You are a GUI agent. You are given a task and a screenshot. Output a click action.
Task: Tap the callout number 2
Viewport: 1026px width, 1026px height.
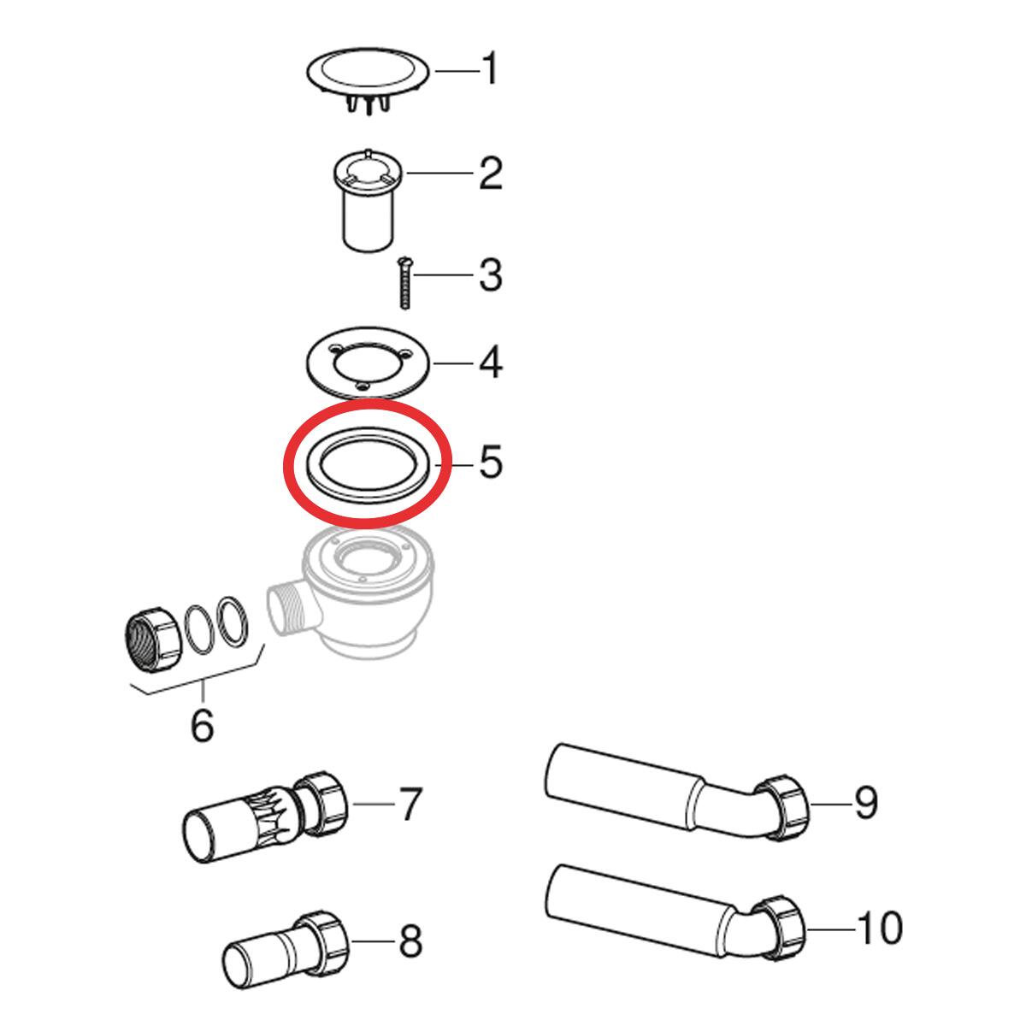[491, 173]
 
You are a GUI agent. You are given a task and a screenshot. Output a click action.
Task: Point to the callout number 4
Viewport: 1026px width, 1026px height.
[491, 362]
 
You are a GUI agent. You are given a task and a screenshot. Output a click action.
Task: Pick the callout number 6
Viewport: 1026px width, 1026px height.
[203, 723]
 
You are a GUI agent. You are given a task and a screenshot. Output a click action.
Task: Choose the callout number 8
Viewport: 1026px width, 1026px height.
[410, 941]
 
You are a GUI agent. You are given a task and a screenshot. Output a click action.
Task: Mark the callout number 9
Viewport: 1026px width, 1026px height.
[866, 804]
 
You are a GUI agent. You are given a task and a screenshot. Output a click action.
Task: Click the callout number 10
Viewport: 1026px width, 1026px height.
[879, 928]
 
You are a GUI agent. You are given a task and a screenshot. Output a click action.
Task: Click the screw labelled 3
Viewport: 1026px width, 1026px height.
[404, 283]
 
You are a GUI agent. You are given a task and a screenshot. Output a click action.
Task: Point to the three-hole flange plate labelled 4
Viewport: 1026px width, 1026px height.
[368, 362]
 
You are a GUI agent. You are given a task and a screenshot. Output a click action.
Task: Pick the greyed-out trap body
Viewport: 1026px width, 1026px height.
[351, 591]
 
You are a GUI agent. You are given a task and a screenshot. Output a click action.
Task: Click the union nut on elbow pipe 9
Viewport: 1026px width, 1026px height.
[781, 808]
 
